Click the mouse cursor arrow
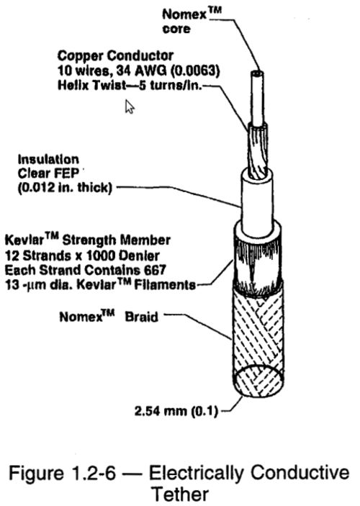130,107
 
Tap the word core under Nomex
176,29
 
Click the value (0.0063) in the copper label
195,71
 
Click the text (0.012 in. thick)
65,187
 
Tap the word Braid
141,317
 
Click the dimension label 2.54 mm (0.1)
176,411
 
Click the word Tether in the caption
180,494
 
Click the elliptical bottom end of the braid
258,381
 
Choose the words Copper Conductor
116,56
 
